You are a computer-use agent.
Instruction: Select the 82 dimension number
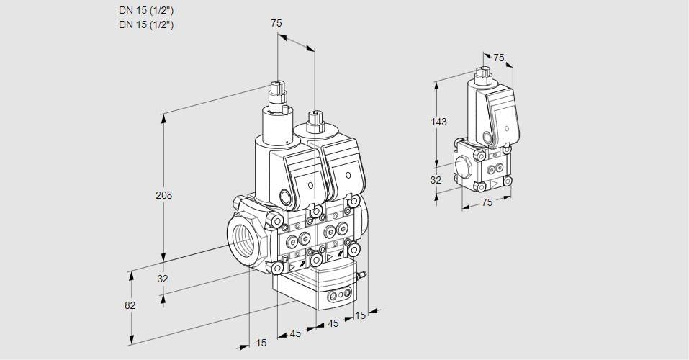[130, 305]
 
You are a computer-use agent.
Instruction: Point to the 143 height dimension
[438, 122]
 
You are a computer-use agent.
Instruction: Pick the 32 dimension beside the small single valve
[436, 180]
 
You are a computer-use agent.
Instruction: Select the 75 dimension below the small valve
[487, 203]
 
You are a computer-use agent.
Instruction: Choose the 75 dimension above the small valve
[499, 58]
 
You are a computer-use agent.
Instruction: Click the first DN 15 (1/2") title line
[146, 10]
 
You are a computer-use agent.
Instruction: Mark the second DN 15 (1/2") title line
[146, 24]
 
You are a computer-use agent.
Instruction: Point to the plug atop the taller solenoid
[277, 92]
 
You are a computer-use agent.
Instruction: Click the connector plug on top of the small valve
[482, 73]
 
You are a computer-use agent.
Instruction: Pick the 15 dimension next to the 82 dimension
[261, 343]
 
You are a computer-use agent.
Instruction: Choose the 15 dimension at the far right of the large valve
[361, 315]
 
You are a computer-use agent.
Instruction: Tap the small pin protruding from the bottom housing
[364, 274]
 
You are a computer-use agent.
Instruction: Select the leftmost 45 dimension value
[295, 333]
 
